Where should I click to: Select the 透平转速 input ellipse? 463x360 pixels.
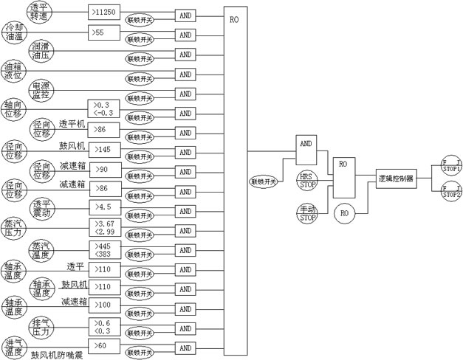click(x=38, y=11)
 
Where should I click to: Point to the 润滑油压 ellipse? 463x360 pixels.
click(x=40, y=51)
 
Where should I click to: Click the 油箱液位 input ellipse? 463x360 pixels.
click(x=15, y=71)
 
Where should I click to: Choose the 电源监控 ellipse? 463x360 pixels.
click(x=40, y=90)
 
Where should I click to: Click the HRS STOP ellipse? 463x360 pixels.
click(x=309, y=179)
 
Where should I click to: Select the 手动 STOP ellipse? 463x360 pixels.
click(x=309, y=213)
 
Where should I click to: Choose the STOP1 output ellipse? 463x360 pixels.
click(x=450, y=165)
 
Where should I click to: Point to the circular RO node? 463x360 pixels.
click(x=344, y=214)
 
